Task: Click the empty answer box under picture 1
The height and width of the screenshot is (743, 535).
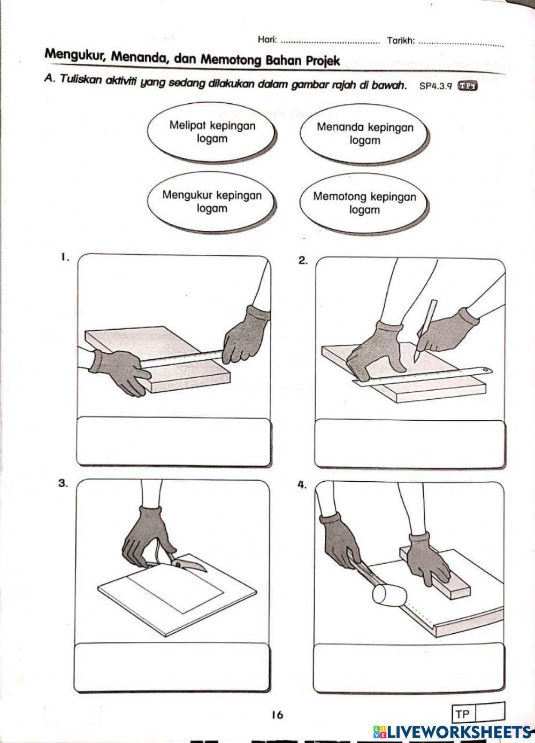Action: coord(174,442)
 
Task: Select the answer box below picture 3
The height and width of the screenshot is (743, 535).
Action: coord(172,665)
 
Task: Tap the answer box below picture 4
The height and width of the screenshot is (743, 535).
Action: coord(409,666)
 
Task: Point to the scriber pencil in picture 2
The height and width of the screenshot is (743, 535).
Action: coord(426,330)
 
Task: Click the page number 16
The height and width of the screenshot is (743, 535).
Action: coord(277,714)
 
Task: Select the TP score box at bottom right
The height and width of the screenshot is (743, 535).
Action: coord(479,714)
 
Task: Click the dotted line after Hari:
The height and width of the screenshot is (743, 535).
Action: coord(330,41)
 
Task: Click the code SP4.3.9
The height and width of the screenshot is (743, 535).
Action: coord(436,86)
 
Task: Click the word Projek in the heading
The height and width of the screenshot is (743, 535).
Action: coord(323,60)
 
